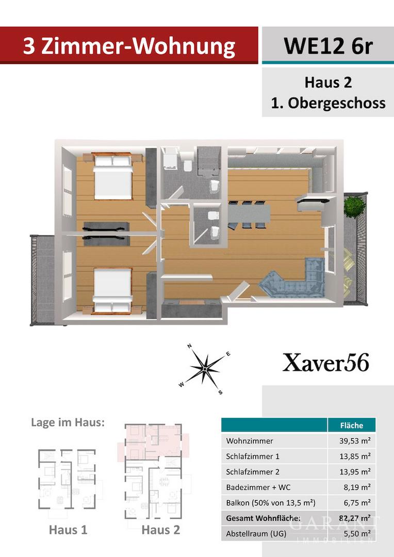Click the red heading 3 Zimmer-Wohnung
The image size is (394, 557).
129,46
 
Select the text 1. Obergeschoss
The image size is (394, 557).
328,103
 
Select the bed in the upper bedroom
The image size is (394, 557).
113,176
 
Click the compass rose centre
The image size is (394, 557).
205,369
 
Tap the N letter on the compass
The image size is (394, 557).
190,346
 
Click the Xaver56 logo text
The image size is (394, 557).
326,363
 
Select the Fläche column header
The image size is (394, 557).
351,425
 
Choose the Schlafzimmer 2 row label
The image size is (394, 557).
253,472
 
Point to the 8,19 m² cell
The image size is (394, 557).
357,487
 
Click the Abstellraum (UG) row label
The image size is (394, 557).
256,534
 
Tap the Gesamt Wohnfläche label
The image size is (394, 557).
263,518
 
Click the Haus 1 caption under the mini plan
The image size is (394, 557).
68,530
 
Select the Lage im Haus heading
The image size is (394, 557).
68,422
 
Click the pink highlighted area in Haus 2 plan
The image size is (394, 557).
153,443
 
